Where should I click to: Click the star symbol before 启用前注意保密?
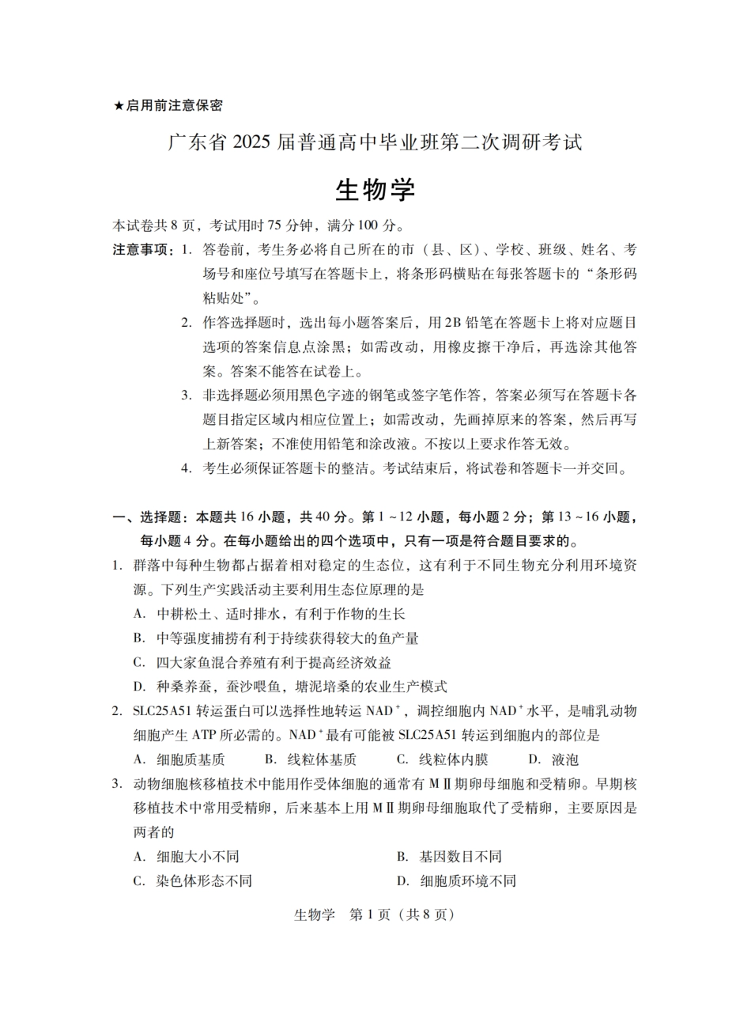click(x=119, y=105)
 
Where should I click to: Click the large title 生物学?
click(x=375, y=190)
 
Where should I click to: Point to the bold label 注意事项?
click(x=143, y=250)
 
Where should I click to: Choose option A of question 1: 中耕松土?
click(x=269, y=614)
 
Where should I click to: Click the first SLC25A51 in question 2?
click(x=163, y=711)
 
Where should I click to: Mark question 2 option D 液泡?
click(x=553, y=760)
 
